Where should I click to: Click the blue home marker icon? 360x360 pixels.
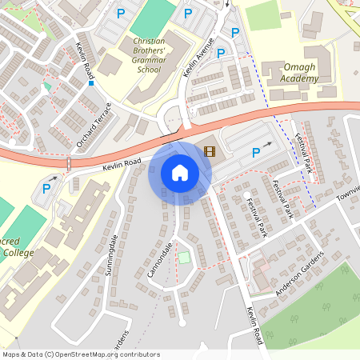coord(180,172)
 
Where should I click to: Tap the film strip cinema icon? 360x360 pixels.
coord(210,150)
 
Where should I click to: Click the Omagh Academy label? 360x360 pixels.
coord(290,73)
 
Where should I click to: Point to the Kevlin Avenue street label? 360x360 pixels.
coord(198,57)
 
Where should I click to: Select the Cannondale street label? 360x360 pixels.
coord(160,261)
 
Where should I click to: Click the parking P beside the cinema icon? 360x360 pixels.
coord(256,153)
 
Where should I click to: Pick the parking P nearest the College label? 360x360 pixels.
coord(46,190)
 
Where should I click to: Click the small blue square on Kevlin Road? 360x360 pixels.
coord(92,82)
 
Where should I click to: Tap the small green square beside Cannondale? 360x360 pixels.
coord(185,257)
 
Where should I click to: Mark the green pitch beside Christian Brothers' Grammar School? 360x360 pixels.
coord(151,17)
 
